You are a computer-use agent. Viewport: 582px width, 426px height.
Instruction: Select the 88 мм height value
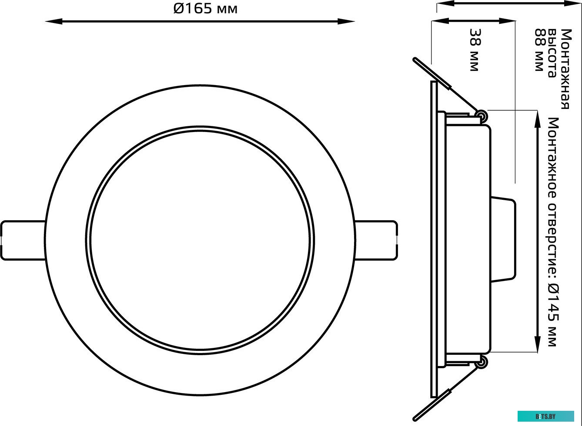[539, 50]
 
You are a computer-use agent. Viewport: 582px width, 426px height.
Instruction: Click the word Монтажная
[565, 69]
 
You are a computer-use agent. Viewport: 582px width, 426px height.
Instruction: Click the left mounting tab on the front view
[23, 241]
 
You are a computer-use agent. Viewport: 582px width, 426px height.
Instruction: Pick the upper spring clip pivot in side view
[482, 116]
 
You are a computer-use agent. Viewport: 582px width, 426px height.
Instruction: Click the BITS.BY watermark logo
[545, 416]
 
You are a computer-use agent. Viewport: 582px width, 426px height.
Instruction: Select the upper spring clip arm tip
[416, 61]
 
